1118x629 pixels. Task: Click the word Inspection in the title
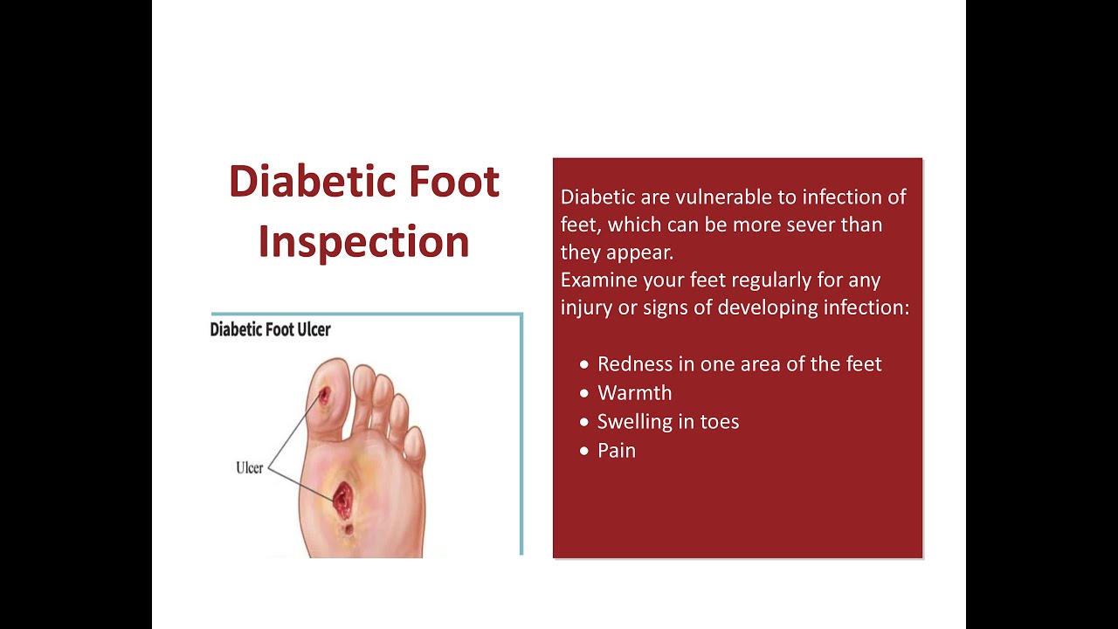pos(363,242)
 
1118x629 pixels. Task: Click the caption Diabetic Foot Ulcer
pos(270,330)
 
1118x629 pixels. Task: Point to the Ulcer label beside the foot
pos(249,468)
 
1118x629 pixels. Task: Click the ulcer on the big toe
pos(324,396)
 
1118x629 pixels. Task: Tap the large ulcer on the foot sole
pos(342,498)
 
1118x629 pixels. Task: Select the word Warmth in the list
pos(634,393)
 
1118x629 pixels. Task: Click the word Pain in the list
pos(616,451)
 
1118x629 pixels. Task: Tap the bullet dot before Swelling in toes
pos(584,422)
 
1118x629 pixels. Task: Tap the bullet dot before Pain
pos(584,451)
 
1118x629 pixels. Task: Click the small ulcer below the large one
pos(349,529)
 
